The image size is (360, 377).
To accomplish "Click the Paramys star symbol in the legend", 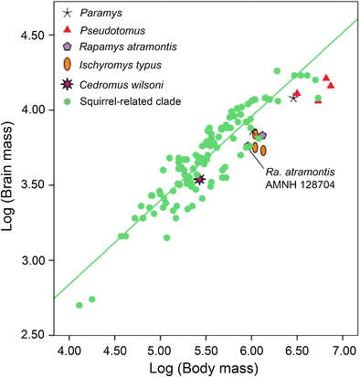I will [65, 14].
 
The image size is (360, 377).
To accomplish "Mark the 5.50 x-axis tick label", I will [206, 349].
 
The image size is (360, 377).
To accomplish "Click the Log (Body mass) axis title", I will [206, 368].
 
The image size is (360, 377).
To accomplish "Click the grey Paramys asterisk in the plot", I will [293, 98].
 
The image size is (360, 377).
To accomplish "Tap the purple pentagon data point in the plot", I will [261, 136].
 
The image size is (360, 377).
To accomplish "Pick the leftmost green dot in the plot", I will [79, 305].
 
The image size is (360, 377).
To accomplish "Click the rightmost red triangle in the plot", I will [331, 85].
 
